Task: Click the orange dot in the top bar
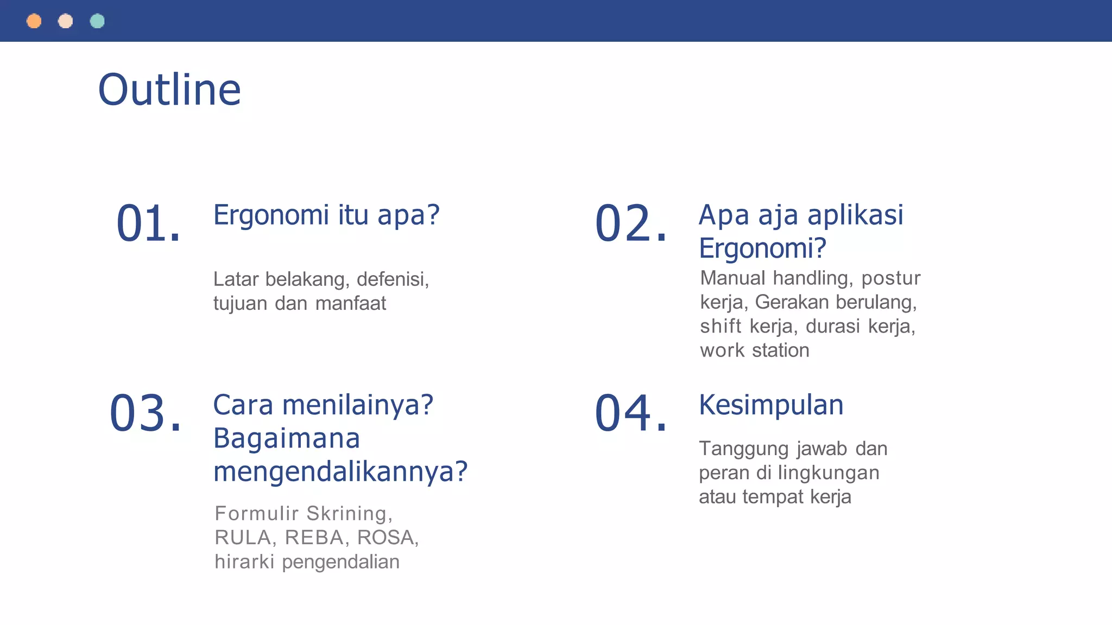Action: point(34,21)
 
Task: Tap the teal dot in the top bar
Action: point(97,21)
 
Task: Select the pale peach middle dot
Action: point(66,21)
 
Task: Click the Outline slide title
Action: point(169,90)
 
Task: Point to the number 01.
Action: point(148,223)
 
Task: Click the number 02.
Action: point(630,223)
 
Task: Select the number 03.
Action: point(145,413)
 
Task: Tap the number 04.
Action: point(630,413)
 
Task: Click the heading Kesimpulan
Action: point(771,405)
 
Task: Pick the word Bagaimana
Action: point(287,438)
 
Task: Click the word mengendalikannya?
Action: point(340,471)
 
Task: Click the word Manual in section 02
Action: point(732,278)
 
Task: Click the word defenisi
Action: point(393,279)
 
